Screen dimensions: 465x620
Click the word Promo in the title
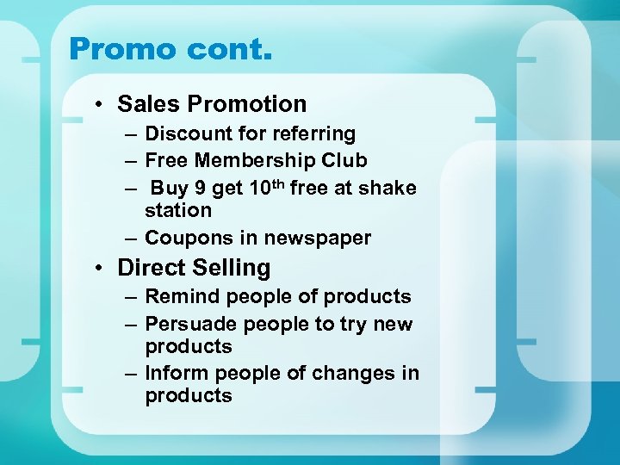point(122,48)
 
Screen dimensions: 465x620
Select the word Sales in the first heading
point(149,104)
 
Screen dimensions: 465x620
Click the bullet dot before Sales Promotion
point(101,105)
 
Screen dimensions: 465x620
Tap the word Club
point(346,160)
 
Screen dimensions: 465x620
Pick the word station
point(178,210)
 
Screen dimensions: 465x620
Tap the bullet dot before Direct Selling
point(101,269)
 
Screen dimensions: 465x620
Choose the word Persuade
point(191,324)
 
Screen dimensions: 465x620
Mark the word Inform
point(177,373)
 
